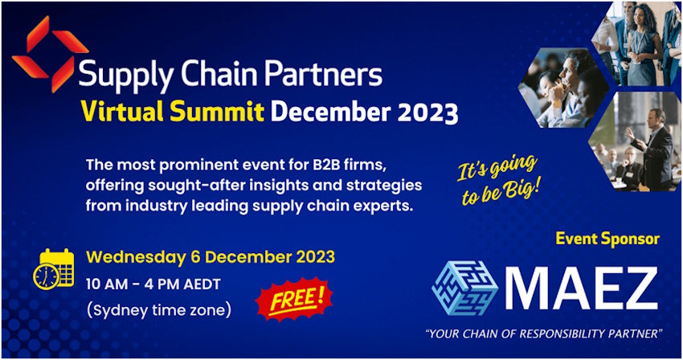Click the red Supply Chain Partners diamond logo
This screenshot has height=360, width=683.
click(50, 54)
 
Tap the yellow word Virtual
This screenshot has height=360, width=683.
click(122, 112)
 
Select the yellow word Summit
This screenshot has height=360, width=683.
click(217, 112)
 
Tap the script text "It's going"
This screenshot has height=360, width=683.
click(497, 166)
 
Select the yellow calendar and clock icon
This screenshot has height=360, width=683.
click(54, 268)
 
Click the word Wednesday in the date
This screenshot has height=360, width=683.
click(136, 257)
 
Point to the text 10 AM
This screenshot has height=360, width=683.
click(106, 284)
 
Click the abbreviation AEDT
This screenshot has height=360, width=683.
click(202, 284)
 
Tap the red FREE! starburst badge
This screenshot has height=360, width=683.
click(293, 299)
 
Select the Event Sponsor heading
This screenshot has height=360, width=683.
click(607, 239)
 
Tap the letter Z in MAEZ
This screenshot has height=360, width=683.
click(636, 288)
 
